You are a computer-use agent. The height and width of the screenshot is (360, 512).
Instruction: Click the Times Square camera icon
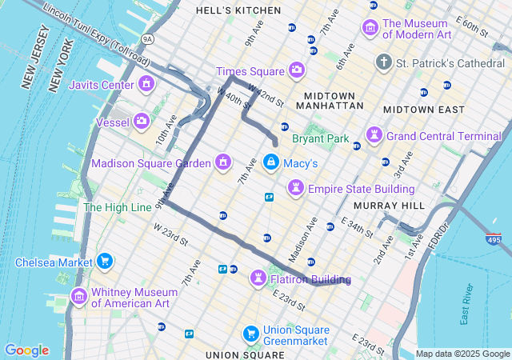click(297, 70)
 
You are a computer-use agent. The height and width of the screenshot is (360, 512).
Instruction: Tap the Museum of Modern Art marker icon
click(370, 28)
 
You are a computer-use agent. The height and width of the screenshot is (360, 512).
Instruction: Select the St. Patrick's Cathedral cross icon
click(384, 62)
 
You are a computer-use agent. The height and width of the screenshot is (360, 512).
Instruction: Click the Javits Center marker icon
click(146, 84)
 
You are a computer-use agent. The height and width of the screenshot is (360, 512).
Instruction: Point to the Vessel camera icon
click(142, 122)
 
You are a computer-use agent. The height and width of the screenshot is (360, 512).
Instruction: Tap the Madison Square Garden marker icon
click(223, 163)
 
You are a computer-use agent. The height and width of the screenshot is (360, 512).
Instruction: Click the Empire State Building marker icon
click(296, 188)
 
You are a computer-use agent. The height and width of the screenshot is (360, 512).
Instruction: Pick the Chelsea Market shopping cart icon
click(104, 262)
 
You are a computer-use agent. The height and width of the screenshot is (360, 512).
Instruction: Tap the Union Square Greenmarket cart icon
click(250, 333)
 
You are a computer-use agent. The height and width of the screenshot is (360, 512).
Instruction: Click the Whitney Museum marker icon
click(78, 298)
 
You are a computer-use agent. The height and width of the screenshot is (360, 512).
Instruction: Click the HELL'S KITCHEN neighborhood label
click(238, 10)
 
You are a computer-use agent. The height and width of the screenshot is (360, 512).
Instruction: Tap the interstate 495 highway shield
click(494, 238)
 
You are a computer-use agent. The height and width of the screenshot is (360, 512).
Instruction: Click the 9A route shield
click(147, 38)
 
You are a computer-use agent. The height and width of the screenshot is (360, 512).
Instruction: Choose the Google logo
click(26, 350)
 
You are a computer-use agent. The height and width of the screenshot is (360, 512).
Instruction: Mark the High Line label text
click(118, 207)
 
